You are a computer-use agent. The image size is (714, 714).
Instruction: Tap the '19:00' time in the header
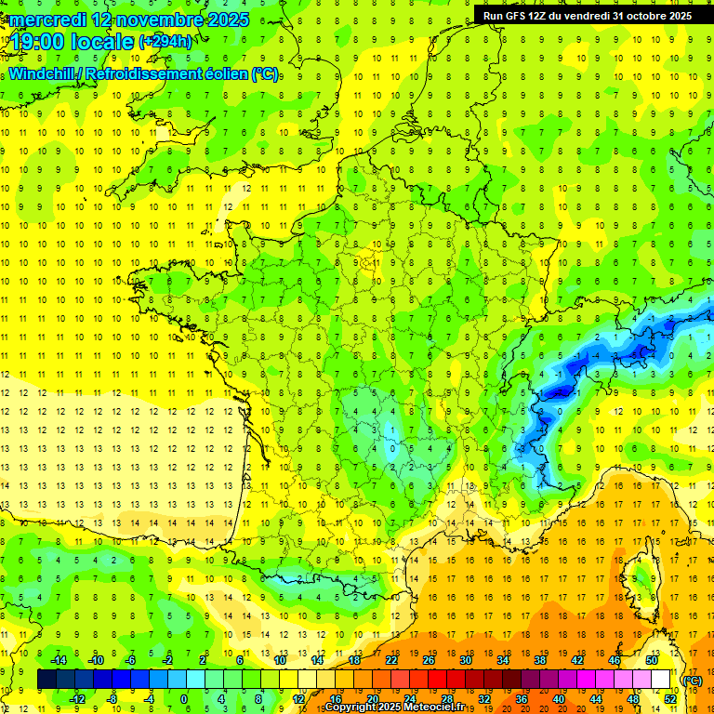(36, 42)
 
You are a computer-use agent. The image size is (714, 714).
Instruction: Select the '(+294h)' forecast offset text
(165, 42)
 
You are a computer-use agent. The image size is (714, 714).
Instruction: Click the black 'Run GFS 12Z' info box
(588, 16)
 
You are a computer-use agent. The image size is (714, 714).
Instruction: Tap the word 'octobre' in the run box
(641, 16)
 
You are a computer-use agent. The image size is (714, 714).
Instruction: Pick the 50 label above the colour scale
(652, 660)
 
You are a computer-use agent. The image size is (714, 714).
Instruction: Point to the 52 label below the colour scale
(670, 699)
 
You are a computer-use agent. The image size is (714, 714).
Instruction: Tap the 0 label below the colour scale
(184, 699)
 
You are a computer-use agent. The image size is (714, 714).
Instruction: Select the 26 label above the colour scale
(428, 660)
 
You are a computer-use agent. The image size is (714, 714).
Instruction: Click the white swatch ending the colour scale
(661, 680)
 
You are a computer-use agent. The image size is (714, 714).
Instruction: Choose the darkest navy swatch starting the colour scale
(46, 680)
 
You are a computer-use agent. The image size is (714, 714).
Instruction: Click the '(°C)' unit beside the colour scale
(693, 681)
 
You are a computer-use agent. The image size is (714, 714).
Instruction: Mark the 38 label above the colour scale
(539, 660)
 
